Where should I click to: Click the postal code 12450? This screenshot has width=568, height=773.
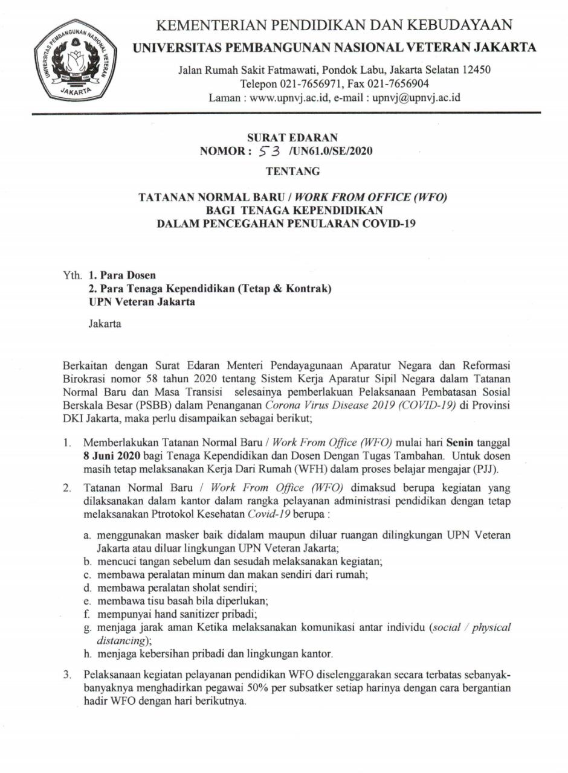tap(474, 70)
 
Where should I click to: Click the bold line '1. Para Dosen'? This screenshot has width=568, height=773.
tap(122, 275)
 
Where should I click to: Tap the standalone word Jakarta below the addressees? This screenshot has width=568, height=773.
tap(105, 324)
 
